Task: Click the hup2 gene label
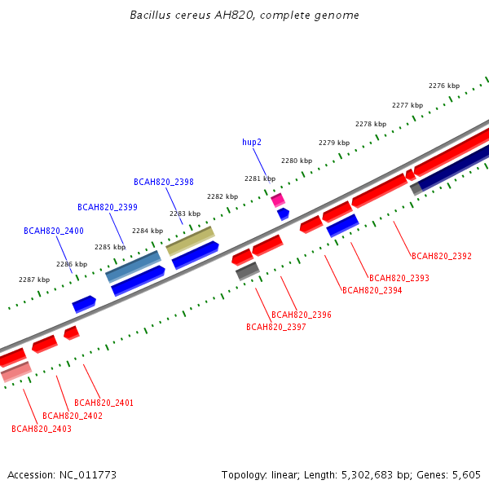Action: coord(252,142)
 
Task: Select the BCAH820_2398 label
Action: coord(164,182)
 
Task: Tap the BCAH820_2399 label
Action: coord(108,207)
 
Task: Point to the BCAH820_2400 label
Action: coord(54,231)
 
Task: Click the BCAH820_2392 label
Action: coord(442,256)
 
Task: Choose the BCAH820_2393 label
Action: coord(399,278)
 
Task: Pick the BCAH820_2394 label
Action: coord(372,290)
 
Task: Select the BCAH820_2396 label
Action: coord(302,315)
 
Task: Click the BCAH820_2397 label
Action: coord(276,327)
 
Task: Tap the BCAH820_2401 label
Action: coord(104,403)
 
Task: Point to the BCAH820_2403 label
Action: coord(42,429)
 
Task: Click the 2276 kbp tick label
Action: coord(444,86)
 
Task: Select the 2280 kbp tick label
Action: coord(297,161)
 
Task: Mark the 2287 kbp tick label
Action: coord(34,280)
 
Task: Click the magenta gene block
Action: coord(278,200)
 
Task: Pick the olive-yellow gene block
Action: coord(190,241)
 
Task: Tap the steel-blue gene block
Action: coord(133,267)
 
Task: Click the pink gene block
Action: coord(16,372)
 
